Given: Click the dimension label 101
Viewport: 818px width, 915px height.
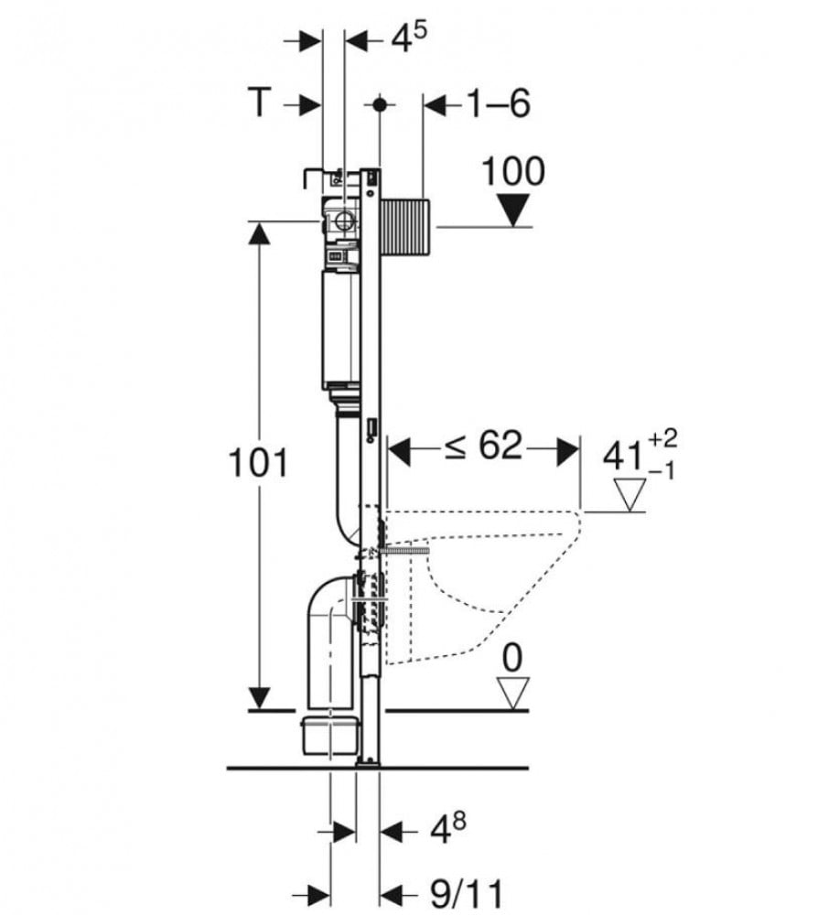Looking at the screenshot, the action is click(x=257, y=463).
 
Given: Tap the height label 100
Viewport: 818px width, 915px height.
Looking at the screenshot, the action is click(x=513, y=172).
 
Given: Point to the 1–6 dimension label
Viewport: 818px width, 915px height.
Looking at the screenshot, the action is click(x=500, y=104).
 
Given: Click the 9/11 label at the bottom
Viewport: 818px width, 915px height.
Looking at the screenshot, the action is click(x=466, y=894).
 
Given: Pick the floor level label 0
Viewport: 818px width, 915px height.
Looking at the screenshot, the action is click(x=511, y=659).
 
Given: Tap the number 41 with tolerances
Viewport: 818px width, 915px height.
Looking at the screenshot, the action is click(x=640, y=454).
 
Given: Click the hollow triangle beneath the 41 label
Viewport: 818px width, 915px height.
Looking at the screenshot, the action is click(x=630, y=495).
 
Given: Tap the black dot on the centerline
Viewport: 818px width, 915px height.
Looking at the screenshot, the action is click(x=380, y=105).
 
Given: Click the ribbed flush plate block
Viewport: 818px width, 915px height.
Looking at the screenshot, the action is click(x=405, y=227).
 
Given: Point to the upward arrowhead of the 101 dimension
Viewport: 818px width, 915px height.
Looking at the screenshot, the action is click(x=259, y=234).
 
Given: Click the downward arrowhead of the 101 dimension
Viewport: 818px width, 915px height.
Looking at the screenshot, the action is click(x=259, y=698).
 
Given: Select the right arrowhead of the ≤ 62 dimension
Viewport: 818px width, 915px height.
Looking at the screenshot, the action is click(x=568, y=450).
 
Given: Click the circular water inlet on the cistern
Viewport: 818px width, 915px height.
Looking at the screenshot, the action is click(x=344, y=221).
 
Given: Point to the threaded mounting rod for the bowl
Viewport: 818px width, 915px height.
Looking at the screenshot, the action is click(x=404, y=550).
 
